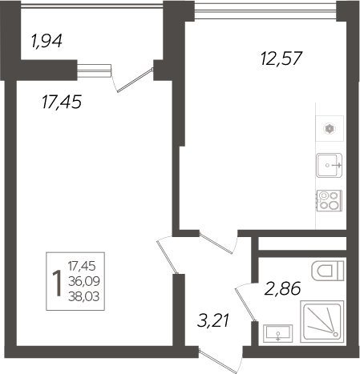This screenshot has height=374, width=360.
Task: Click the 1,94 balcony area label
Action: [x=47, y=41]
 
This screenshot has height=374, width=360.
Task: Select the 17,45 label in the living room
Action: [x=61, y=102]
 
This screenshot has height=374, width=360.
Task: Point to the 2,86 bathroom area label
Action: [x=281, y=290]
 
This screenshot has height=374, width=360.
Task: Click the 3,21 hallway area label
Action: [x=214, y=322]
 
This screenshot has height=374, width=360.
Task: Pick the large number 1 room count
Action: [x=55, y=282]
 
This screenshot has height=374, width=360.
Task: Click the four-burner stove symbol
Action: [x=328, y=199]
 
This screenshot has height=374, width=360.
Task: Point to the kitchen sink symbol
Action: [x=329, y=166]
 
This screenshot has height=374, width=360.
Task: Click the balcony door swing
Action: [x=132, y=78]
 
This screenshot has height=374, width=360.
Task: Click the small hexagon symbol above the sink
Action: [x=329, y=127]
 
